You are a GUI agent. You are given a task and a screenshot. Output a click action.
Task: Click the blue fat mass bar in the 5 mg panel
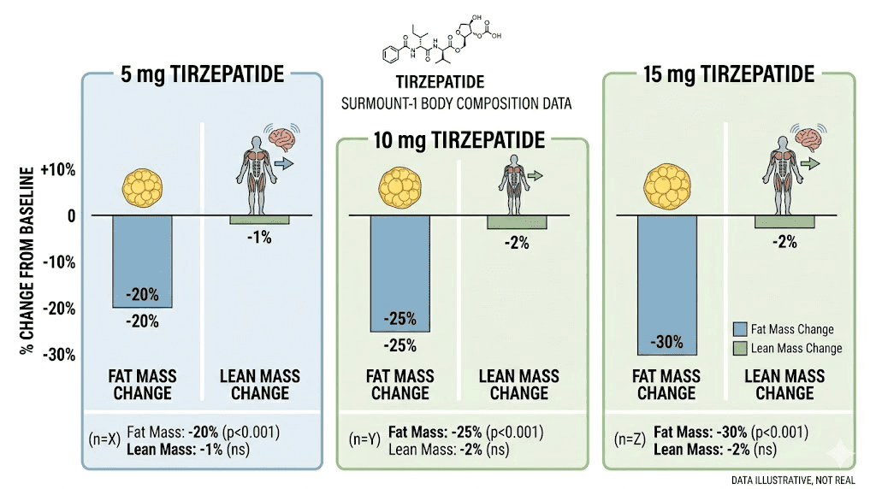coord(142,261)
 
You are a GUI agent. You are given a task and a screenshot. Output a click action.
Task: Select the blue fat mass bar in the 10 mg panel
coord(400,273)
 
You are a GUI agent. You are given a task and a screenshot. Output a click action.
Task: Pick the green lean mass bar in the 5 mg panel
coord(259,220)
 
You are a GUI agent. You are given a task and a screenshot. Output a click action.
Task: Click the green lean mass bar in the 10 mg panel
coord(517,222)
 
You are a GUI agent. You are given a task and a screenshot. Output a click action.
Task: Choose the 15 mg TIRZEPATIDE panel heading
coord(728,74)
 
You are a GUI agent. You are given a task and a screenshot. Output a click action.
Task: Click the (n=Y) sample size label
coord(362,440)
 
